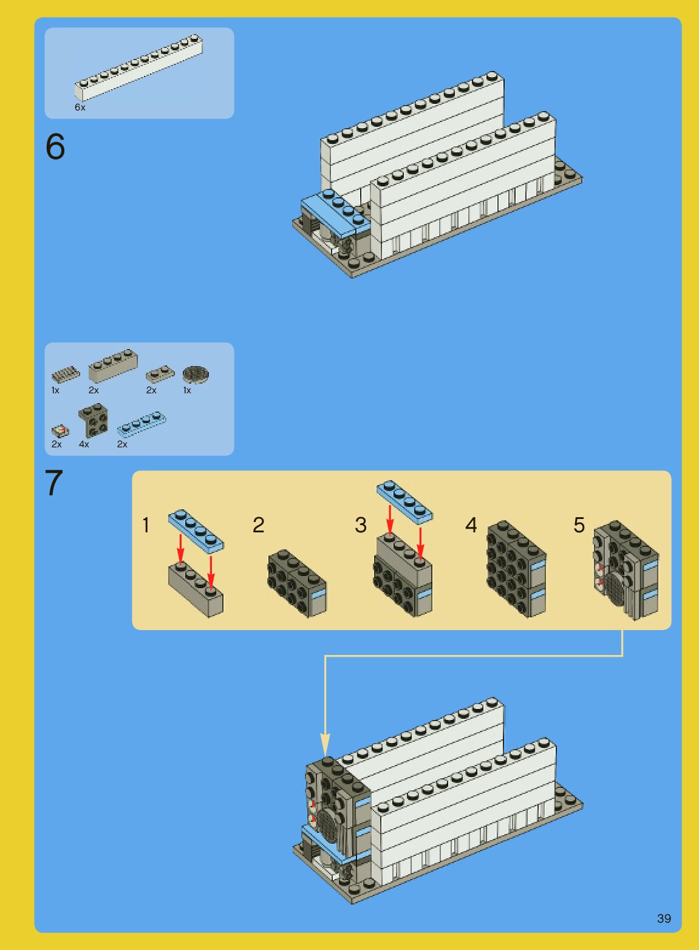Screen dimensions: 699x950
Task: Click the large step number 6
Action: pyautogui.click(x=55, y=146)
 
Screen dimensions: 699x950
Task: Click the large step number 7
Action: pyautogui.click(x=54, y=483)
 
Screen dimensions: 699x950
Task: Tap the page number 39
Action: pyautogui.click(x=664, y=918)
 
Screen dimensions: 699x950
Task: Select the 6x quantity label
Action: pyautogui.click(x=80, y=107)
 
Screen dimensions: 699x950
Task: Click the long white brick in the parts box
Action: pyautogui.click(x=139, y=67)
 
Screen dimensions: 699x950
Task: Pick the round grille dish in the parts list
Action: pyautogui.click(x=195, y=375)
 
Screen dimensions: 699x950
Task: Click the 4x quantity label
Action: pyautogui.click(x=84, y=444)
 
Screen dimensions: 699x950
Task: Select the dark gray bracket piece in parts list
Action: pyautogui.click(x=93, y=420)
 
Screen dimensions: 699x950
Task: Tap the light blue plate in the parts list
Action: pyautogui.click(x=142, y=424)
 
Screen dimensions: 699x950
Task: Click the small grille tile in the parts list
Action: pyautogui.click(x=66, y=374)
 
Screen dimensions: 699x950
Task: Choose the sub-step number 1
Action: pyautogui.click(x=146, y=525)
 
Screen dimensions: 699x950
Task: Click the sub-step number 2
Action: pyautogui.click(x=258, y=525)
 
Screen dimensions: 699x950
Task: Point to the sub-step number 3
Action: pyautogui.click(x=361, y=525)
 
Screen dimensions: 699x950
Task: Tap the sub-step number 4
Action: pyautogui.click(x=471, y=525)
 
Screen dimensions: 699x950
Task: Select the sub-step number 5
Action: pyautogui.click(x=579, y=525)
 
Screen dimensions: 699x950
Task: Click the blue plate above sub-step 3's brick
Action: pyautogui.click(x=404, y=501)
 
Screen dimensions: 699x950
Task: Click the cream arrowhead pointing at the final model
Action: pyautogui.click(x=325, y=744)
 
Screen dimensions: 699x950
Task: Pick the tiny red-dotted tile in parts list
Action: pyautogui.click(x=60, y=432)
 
